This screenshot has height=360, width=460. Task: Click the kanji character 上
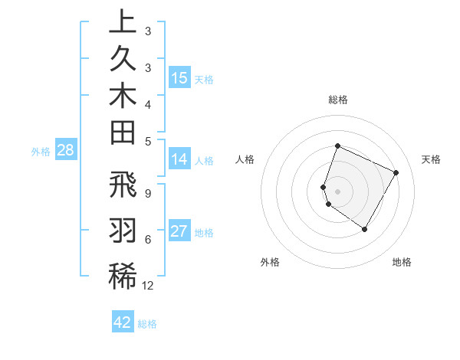(x=123, y=22)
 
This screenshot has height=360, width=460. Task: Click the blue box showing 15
(x=179, y=78)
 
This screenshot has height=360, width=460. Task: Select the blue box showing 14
(x=179, y=159)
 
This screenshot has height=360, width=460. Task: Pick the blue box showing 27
(x=179, y=231)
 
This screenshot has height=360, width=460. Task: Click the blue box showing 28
(x=65, y=150)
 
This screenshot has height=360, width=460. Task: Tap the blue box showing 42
(x=123, y=322)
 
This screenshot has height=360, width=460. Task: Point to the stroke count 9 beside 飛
(x=148, y=193)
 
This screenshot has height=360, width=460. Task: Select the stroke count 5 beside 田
(x=148, y=141)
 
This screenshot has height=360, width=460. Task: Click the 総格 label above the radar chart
(x=337, y=100)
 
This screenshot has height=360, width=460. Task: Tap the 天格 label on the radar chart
(x=431, y=159)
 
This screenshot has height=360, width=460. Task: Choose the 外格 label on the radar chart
(x=270, y=262)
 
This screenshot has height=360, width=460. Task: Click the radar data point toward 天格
(x=396, y=172)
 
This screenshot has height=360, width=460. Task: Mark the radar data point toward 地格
(x=365, y=229)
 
